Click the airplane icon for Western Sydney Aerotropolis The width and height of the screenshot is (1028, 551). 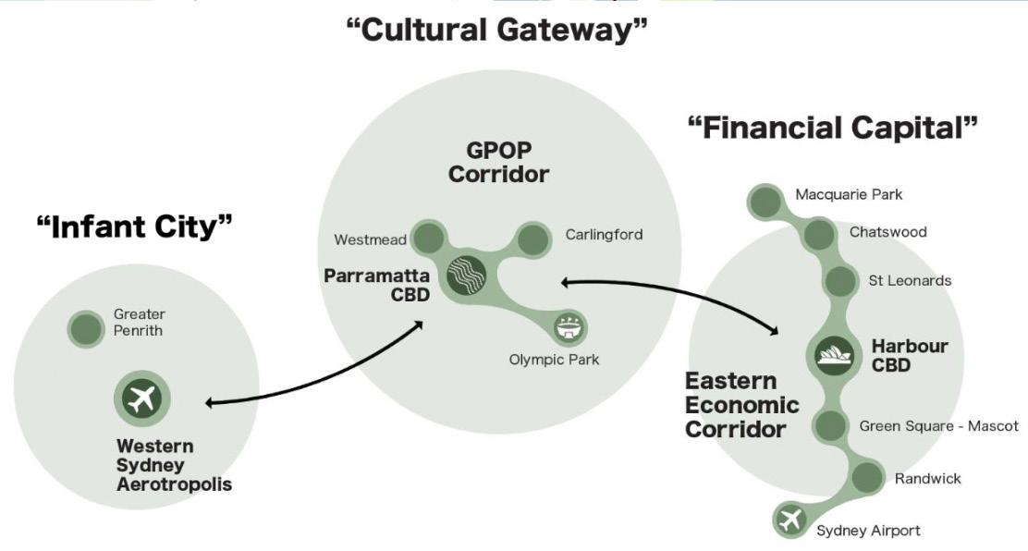tap(142, 398)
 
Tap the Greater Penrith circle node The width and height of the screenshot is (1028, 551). tap(86, 328)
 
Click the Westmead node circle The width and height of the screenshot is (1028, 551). tap(428, 238)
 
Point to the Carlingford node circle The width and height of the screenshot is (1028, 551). tap(533, 239)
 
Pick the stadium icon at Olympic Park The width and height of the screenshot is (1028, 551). tap(566, 326)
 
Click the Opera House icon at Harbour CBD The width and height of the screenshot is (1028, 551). tap(835, 354)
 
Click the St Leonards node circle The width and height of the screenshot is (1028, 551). tap(839, 280)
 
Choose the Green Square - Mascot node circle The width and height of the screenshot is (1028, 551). tap(829, 426)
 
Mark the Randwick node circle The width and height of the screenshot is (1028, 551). tap(866, 478)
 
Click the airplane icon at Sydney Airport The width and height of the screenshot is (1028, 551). tap(790, 520)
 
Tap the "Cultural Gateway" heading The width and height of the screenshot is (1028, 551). tap(496, 31)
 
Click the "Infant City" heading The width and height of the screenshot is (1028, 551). tap(134, 226)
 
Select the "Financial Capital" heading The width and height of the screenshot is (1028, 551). tap(832, 128)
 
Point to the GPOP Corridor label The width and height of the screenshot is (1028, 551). tap(498, 162)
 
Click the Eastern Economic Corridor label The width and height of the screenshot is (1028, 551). tap(741, 405)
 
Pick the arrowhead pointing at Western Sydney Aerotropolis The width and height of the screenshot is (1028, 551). tap(211, 402)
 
